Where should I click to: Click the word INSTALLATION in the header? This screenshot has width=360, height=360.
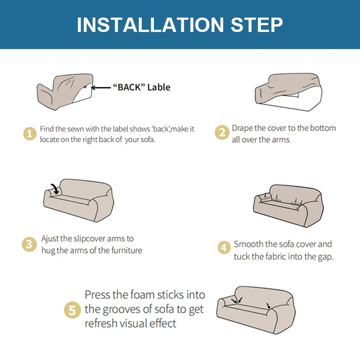pyautogui.click(x=150, y=25)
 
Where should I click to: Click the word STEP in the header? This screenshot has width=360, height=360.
pyautogui.click(x=256, y=25)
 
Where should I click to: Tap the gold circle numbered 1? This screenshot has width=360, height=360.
pyautogui.click(x=30, y=134)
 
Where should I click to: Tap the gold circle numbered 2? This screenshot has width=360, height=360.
pyautogui.click(x=222, y=132)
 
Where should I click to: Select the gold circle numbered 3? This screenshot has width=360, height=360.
pyautogui.click(x=29, y=244)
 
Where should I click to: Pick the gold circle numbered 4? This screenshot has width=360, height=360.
pyautogui.click(x=224, y=247)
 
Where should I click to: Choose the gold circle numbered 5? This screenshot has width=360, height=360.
pyautogui.click(x=72, y=310)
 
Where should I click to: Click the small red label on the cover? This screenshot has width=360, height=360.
pyautogui.click(x=85, y=87)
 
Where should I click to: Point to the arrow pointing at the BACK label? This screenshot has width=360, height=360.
pyautogui.click(x=100, y=87)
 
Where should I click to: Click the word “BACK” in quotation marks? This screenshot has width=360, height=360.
pyautogui.click(x=129, y=87)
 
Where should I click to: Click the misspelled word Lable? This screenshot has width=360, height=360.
pyautogui.click(x=159, y=87)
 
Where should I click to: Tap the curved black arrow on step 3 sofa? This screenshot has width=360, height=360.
pyautogui.click(x=55, y=189)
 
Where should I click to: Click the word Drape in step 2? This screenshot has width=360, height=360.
pyautogui.click(x=241, y=128)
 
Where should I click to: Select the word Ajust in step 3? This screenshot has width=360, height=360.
pyautogui.click(x=49, y=239)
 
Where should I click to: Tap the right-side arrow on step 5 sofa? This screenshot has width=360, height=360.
pyautogui.click(x=268, y=306)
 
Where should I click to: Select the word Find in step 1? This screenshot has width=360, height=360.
pyautogui.click(x=47, y=129)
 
